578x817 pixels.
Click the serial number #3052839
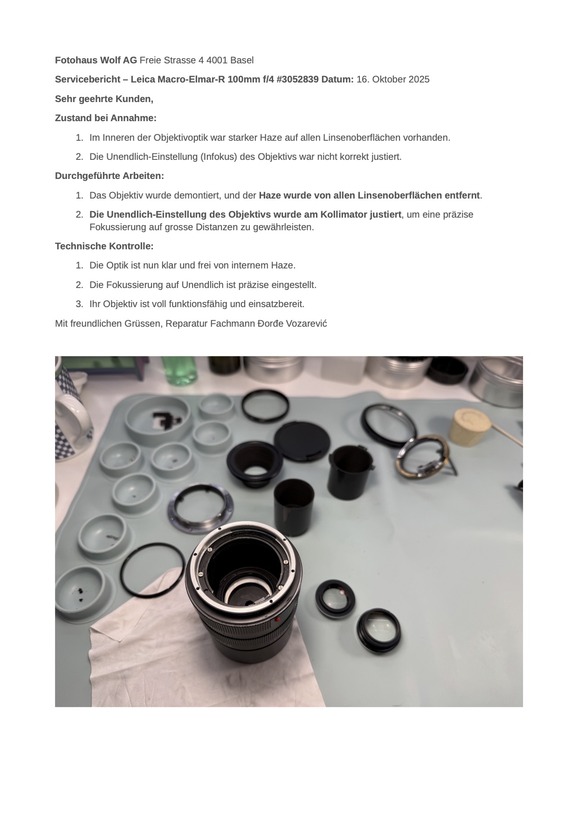point(297,79)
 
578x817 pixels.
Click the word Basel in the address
point(242,60)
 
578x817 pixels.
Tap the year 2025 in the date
point(419,79)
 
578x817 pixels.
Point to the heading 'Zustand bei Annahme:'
point(106,118)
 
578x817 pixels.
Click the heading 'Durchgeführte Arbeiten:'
point(110,176)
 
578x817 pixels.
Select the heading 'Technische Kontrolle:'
point(104,246)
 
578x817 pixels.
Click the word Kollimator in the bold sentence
point(345,214)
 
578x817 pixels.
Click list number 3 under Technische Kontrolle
point(79,304)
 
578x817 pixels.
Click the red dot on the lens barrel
point(278,619)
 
